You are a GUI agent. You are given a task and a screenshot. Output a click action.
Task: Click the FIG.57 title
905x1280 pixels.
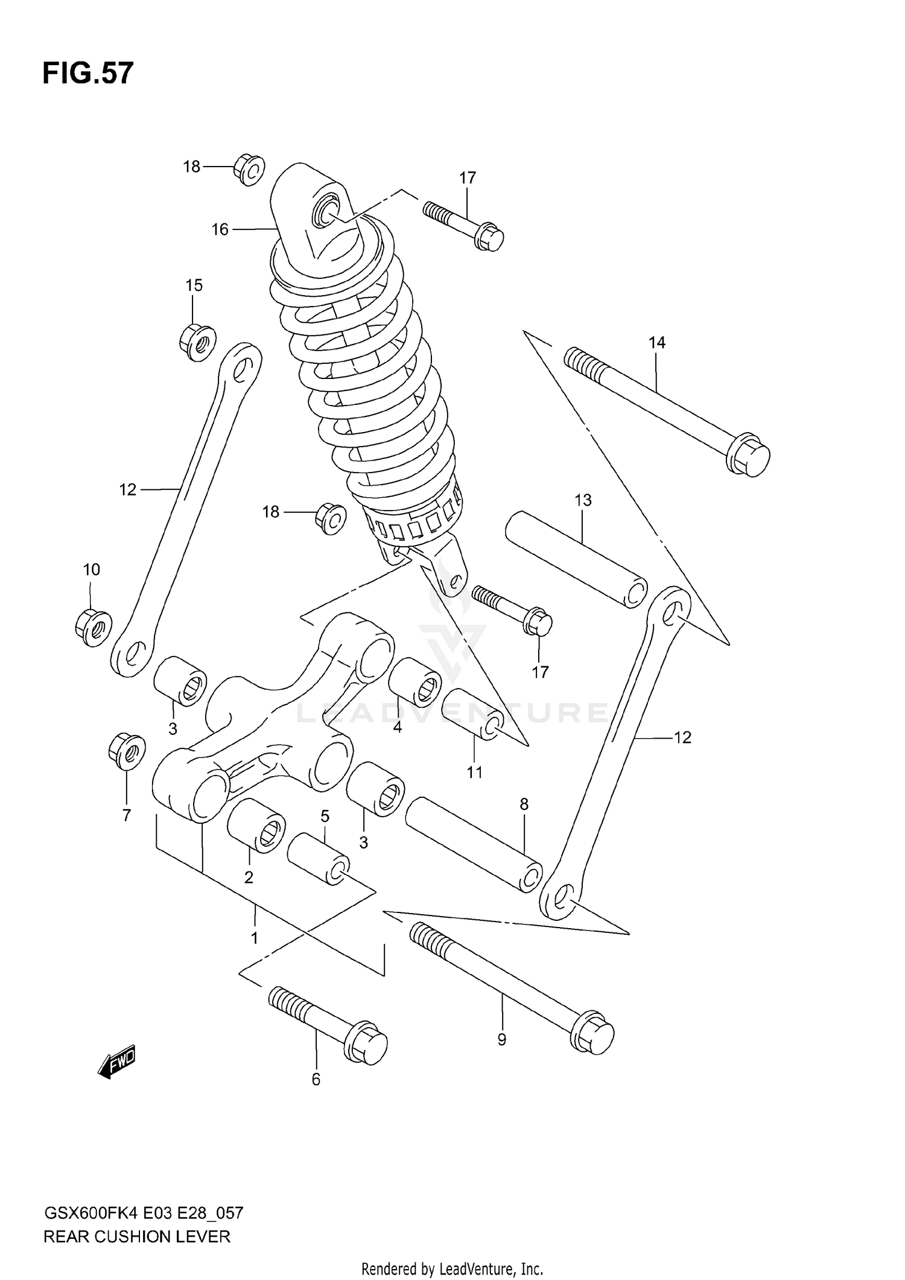point(87,74)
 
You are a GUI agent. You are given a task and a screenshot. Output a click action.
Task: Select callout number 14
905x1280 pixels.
point(656,343)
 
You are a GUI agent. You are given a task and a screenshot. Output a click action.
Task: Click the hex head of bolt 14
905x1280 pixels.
point(748,454)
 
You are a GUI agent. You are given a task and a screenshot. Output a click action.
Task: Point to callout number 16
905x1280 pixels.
point(220,229)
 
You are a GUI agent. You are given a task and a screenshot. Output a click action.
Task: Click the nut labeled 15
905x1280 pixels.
point(197,342)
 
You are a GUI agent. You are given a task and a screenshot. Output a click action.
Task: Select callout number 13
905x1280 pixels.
point(583,500)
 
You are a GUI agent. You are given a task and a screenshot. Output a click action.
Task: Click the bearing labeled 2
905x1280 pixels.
point(256,825)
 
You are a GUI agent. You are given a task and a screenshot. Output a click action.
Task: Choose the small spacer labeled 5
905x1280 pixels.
point(318,858)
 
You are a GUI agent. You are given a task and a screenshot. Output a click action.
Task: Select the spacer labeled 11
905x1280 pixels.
point(471,713)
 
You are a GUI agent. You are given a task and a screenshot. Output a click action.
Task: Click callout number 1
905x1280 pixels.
point(254,938)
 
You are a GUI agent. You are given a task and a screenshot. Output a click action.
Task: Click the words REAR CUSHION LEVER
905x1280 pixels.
point(137,1237)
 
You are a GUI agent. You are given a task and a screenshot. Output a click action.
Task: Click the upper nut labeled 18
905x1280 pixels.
point(248,169)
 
